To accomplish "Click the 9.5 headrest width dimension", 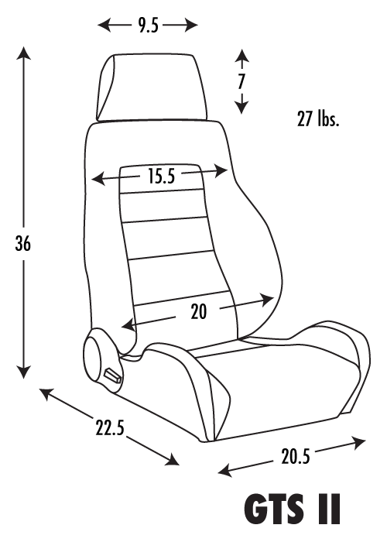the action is coord(149,25).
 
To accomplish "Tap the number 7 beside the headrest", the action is coord(241,81).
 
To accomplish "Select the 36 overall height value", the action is coord(22,243).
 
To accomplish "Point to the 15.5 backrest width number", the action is coord(162,175).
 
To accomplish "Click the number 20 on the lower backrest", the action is coord(199,311).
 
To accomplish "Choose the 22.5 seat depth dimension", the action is coord(110,427).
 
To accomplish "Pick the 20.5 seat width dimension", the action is coord(296,456).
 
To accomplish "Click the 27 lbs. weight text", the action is coord(318,118).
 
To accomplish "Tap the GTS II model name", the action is coord(293,509).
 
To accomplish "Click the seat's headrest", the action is coord(152,87).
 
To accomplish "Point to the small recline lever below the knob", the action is coord(113,376).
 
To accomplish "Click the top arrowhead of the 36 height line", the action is coord(23,53).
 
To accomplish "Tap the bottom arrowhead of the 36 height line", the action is coord(23,372).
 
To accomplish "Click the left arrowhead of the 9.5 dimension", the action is coord(104,25).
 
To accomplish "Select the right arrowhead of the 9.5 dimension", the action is coord(190,25).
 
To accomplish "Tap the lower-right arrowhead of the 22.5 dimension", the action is coord(172,459).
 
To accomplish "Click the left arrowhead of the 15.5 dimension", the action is coord(98,179).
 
